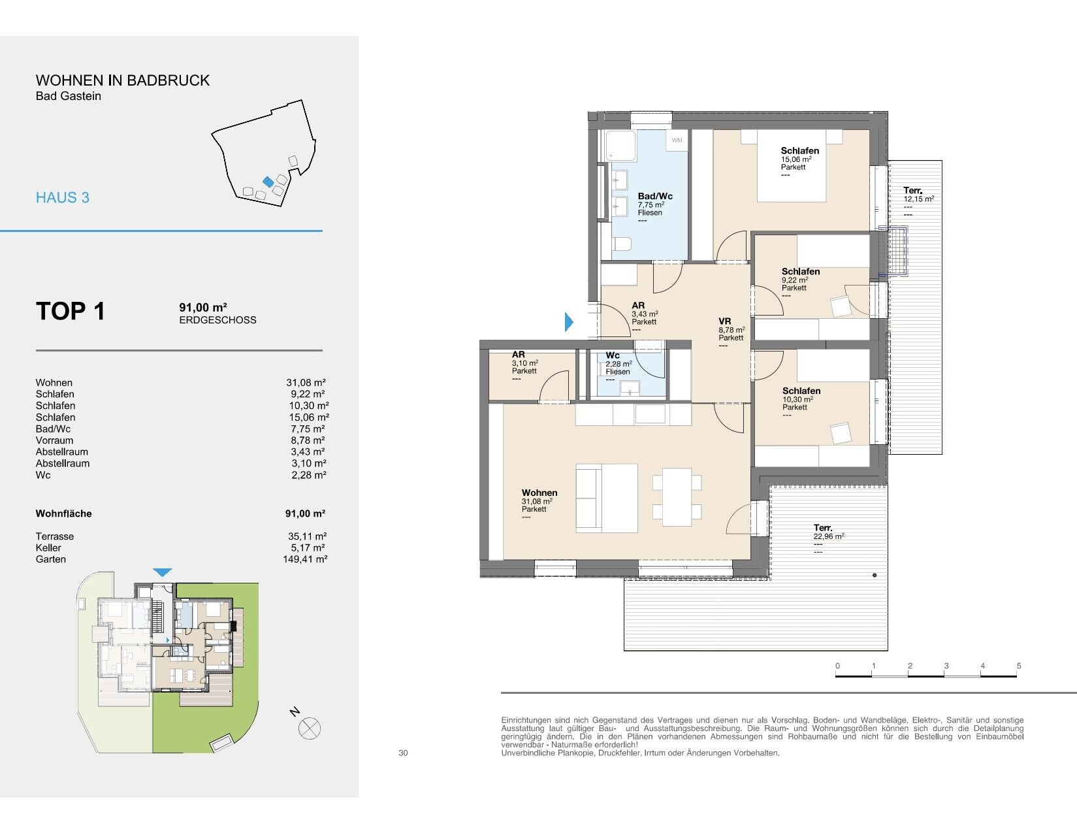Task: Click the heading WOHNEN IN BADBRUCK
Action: coord(122,80)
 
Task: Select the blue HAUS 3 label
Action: coord(63,198)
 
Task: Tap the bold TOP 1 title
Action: coord(71,311)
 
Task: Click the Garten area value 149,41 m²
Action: coord(305,559)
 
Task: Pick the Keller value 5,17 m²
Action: coord(308,547)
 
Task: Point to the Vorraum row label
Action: coord(54,440)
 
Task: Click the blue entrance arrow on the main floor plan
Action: coord(569,322)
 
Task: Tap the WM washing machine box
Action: coord(677,140)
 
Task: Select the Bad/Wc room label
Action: coord(654,196)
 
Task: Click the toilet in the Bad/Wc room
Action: coord(622,244)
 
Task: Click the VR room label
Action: coord(724,321)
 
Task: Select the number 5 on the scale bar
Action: coord(1019,666)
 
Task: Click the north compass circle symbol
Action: coord(310,728)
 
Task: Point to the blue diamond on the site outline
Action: coord(268,182)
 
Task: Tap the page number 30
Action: coord(403,753)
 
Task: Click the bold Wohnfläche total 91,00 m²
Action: coord(305,514)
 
